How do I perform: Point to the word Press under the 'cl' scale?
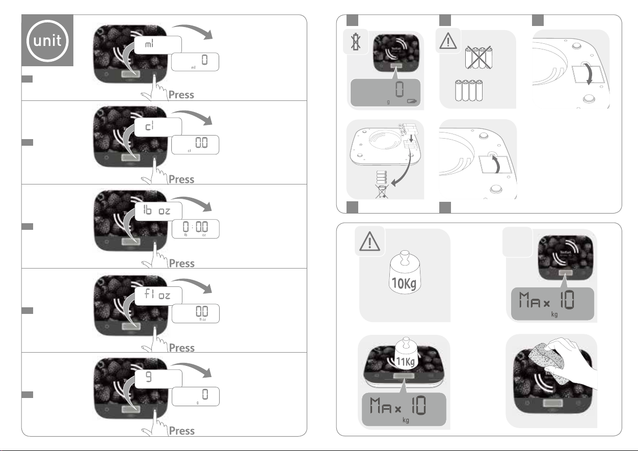pos(181,179)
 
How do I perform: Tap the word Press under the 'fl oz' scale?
pos(181,348)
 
